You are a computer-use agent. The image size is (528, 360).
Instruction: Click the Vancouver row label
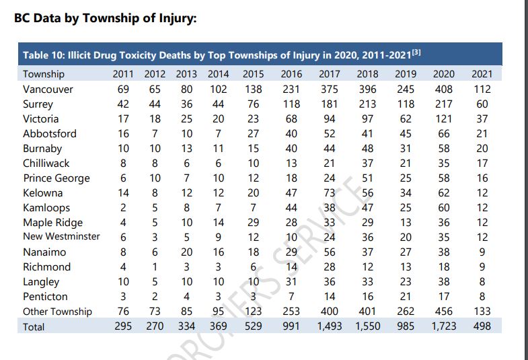(48, 89)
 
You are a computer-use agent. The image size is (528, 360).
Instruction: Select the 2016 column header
(291, 74)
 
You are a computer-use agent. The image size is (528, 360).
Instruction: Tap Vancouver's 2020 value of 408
(443, 89)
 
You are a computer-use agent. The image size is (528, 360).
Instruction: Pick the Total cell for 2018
(367, 326)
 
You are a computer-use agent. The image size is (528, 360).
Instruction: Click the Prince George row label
(56, 178)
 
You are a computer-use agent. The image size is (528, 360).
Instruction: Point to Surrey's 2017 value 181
(329, 104)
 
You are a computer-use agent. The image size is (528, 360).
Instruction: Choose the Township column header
(44, 74)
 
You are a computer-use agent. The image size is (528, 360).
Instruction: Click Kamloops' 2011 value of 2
(123, 208)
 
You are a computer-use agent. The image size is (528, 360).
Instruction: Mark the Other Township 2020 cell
(443, 311)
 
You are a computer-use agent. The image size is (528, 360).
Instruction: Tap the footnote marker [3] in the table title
(416, 52)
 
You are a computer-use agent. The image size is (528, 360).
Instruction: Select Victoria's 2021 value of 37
(482, 119)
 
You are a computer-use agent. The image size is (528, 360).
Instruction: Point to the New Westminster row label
(61, 236)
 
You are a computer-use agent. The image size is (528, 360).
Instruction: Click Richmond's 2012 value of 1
(155, 267)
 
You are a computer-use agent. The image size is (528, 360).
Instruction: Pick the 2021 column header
(482, 74)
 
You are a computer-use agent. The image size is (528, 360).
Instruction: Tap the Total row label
(34, 326)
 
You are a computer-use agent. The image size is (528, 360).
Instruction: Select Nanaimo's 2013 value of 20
(186, 252)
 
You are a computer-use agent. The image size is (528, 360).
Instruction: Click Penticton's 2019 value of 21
(406, 296)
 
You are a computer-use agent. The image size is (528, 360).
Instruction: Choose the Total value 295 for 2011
(123, 326)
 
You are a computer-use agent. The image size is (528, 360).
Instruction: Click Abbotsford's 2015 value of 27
(253, 134)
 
